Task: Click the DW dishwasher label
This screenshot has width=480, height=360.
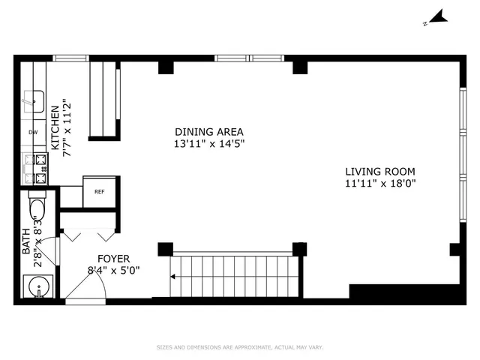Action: [33, 133]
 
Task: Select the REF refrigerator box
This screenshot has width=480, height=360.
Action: [99, 191]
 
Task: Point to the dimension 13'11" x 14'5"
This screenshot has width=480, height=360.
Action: [209, 142]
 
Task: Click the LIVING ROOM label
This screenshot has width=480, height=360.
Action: [379, 170]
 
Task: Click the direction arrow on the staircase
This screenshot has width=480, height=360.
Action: [175, 276]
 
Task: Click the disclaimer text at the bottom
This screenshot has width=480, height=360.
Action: [239, 348]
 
